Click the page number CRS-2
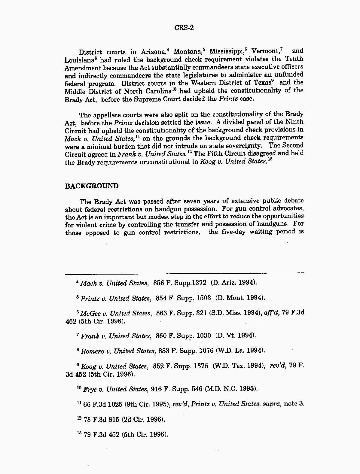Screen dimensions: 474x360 [184, 28]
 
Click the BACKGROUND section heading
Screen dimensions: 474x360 [92, 186]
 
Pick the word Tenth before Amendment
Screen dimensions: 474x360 [294, 59]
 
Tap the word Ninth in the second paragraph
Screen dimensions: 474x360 [294, 122]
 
